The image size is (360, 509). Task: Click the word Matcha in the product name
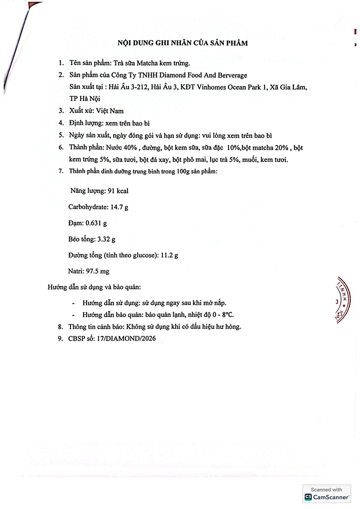click(148, 63)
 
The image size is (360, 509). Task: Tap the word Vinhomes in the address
click(226, 87)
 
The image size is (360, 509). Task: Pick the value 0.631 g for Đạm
click(96, 223)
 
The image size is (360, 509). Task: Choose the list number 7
click(61, 171)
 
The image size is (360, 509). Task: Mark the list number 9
click(61, 339)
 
